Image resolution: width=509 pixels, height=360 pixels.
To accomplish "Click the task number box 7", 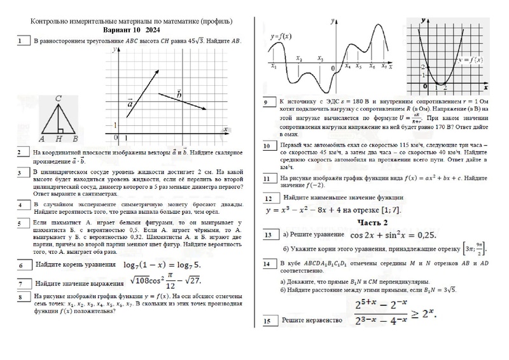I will point(23,284).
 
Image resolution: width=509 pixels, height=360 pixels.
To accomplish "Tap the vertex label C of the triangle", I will point(58,98).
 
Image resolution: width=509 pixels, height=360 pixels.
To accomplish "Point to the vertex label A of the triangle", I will point(41,139).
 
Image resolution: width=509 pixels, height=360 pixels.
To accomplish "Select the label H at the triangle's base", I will point(58,139).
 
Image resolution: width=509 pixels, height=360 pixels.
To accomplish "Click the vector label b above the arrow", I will point(179,93).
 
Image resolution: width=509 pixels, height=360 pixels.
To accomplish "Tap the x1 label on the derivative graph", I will point(274,66).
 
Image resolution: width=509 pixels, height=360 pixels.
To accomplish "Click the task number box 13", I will point(269,235).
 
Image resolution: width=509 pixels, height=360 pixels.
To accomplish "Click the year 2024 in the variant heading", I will point(153,30).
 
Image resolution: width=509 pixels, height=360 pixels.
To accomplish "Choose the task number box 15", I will point(269,322).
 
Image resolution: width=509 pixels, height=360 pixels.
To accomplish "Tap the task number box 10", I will point(269,146).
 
